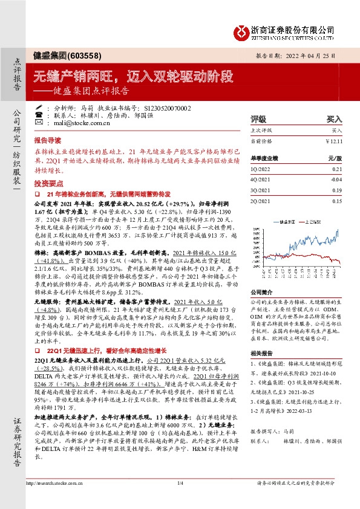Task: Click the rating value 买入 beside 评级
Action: (334, 120)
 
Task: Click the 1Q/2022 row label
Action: (261, 171)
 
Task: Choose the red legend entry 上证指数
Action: (314, 221)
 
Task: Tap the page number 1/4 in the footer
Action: (180, 484)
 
